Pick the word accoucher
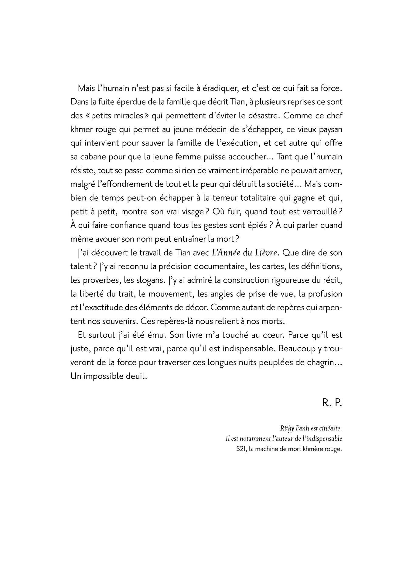click(x=248, y=157)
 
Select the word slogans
click(x=147, y=280)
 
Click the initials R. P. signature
click(x=332, y=404)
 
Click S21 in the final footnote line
click(x=241, y=449)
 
